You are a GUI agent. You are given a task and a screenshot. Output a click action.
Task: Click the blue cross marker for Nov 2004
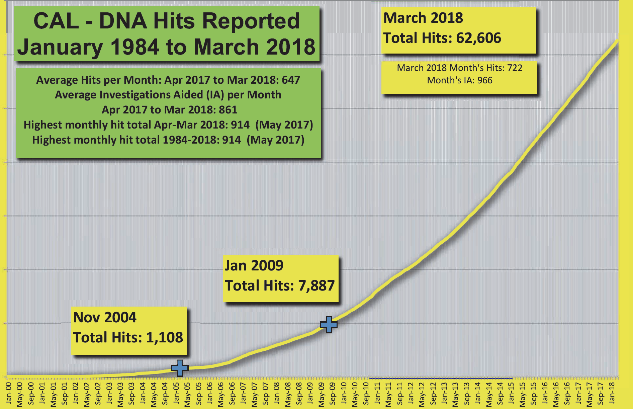(180, 368)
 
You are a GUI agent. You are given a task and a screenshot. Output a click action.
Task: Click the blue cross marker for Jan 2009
(329, 324)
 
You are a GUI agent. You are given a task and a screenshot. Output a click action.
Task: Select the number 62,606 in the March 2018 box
(478, 38)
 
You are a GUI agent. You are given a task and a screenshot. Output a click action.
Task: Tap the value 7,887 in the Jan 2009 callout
(316, 286)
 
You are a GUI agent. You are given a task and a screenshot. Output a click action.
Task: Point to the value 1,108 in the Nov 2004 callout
(165, 337)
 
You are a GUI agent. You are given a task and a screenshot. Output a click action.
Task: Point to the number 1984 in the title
(134, 47)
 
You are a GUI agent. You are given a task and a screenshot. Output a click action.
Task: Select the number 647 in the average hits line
(291, 80)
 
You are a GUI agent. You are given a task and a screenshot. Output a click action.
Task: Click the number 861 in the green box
(228, 110)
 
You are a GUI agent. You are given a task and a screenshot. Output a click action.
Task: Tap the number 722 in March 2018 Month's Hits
(515, 68)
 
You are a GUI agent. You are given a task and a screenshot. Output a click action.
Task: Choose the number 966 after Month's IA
(485, 80)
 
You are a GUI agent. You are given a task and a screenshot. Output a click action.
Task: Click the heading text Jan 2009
(254, 266)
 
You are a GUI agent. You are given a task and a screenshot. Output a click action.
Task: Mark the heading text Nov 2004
(105, 317)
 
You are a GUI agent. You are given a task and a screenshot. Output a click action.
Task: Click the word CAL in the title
(56, 21)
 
